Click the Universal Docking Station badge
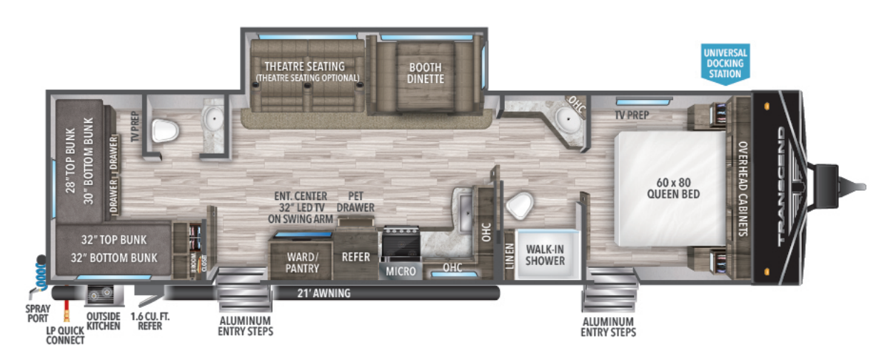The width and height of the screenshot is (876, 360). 725,64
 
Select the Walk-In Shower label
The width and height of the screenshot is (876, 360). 545,255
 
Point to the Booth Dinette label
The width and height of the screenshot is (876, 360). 426,73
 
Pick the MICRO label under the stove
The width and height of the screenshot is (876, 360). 401,271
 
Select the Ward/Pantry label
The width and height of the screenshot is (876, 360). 302,261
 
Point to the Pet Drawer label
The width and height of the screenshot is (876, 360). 355,201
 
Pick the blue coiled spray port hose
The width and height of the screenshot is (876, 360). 39,272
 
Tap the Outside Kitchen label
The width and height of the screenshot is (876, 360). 103,321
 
